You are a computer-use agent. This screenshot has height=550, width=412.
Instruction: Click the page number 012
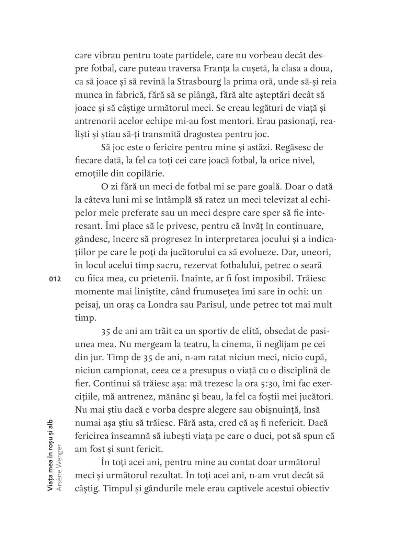pos(55,279)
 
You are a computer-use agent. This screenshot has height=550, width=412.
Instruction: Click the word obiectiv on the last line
pos(313,488)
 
